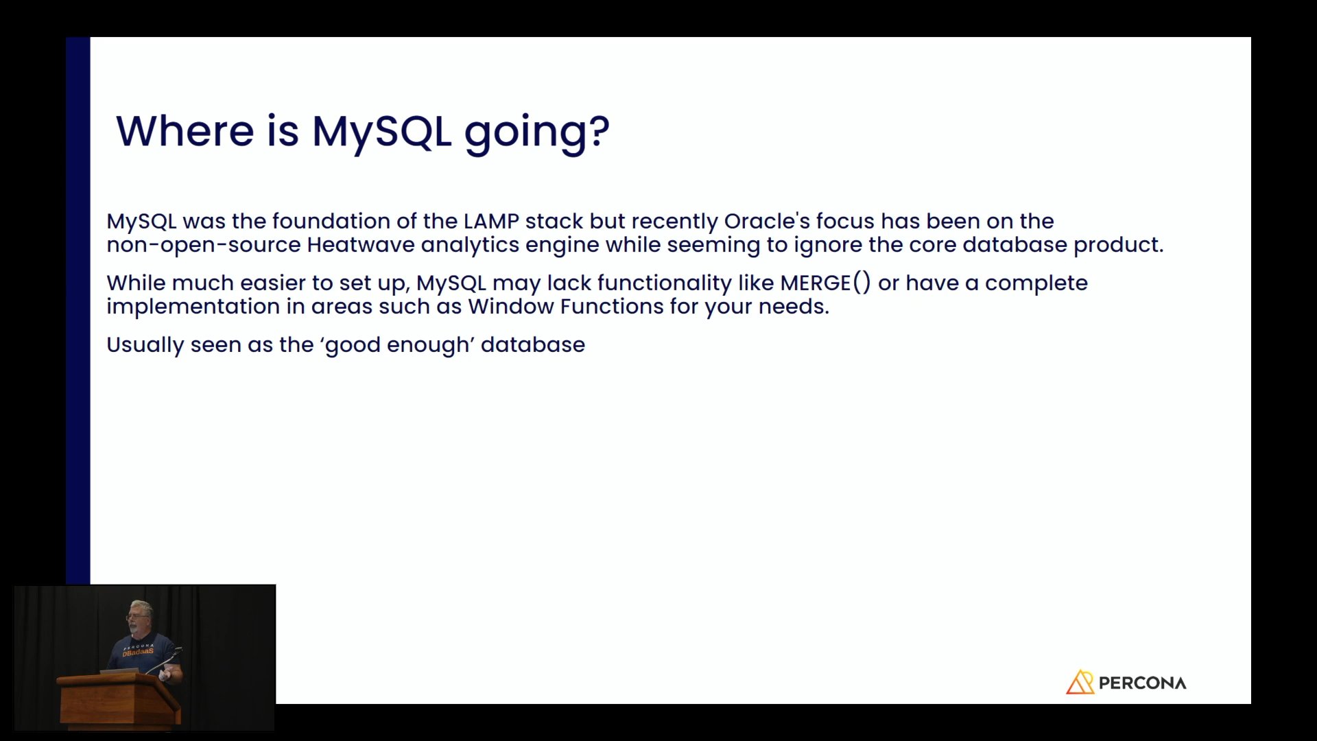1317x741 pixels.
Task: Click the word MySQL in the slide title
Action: click(381, 132)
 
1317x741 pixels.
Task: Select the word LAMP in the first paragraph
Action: click(491, 221)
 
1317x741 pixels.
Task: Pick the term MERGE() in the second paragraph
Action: click(825, 283)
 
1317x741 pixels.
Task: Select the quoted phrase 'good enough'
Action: click(397, 345)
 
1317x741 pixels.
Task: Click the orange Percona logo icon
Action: click(1080, 682)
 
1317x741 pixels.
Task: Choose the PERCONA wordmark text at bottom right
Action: click(1142, 683)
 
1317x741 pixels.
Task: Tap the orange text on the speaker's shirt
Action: click(138, 652)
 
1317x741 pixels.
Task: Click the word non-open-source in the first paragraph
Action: click(204, 245)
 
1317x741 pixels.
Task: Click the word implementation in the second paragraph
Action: click(193, 307)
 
